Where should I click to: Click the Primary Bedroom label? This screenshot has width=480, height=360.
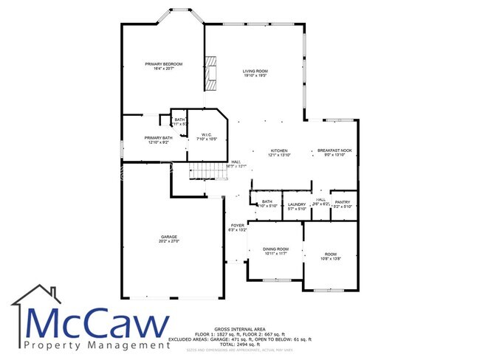coord(163,64)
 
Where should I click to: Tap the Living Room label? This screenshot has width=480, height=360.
coord(255,71)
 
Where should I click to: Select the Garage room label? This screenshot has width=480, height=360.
coord(169,236)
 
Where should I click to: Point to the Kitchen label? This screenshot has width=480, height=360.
coord(278,150)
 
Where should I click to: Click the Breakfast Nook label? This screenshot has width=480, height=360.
coord(335,150)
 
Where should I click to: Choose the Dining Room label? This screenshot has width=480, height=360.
coord(276,249)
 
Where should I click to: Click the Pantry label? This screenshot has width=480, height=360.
coord(342,202)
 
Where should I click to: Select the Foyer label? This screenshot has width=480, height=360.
coord(237,226)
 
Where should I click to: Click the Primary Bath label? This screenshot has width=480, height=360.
coord(158,138)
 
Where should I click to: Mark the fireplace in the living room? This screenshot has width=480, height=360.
coord(213,74)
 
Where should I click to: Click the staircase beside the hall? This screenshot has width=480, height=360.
coord(205,171)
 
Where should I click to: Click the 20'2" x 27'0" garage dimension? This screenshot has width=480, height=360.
coord(169,240)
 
